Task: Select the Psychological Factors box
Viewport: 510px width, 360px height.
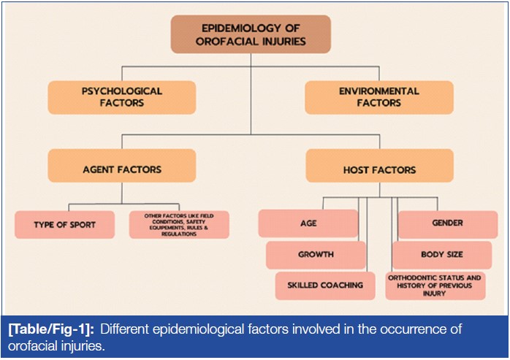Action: click(122, 97)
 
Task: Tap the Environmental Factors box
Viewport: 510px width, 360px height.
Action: click(378, 97)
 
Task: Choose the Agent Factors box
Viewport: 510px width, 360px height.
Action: click(122, 169)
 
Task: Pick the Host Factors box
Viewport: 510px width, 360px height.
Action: click(378, 169)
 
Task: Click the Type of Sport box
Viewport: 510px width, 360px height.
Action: click(65, 224)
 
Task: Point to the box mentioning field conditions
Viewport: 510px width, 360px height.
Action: click(179, 224)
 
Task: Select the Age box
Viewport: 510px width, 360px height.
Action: click(308, 223)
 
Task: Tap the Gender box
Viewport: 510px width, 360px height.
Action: click(447, 223)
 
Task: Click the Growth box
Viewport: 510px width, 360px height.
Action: click(316, 255)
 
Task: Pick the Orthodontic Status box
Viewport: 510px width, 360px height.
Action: click(435, 285)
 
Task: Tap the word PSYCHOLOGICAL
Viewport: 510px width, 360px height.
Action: click(122, 91)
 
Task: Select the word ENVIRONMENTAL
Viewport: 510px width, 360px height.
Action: click(378, 91)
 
